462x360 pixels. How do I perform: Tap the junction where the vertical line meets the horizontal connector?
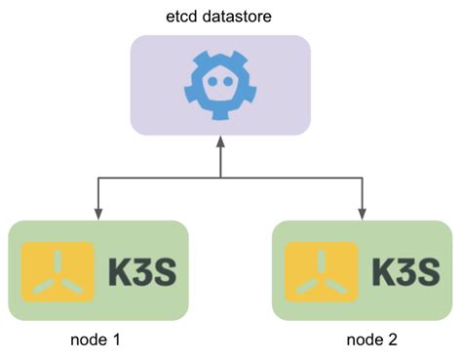point(220,178)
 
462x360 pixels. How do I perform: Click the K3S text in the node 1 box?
point(139,270)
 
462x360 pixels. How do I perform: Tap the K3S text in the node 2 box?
point(404,270)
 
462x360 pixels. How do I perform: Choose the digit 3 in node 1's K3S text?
point(140,270)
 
